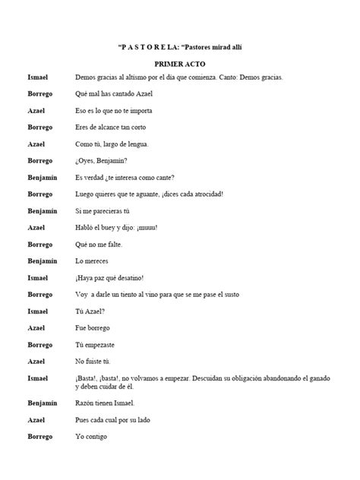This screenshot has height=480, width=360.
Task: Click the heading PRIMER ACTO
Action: tap(179, 64)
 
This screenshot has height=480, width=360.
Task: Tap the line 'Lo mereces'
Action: tap(90, 261)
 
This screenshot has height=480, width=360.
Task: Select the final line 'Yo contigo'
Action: tap(90, 436)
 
